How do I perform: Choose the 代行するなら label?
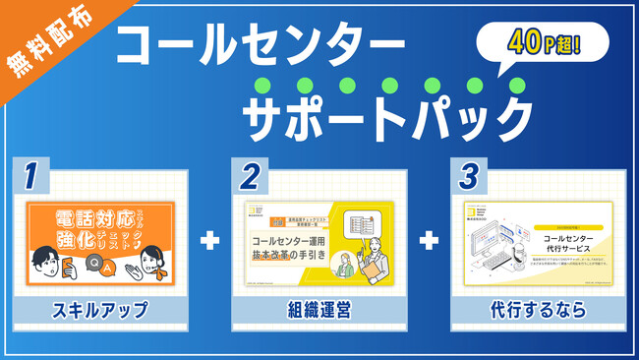point(537,311)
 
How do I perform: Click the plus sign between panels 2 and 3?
point(428,240)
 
